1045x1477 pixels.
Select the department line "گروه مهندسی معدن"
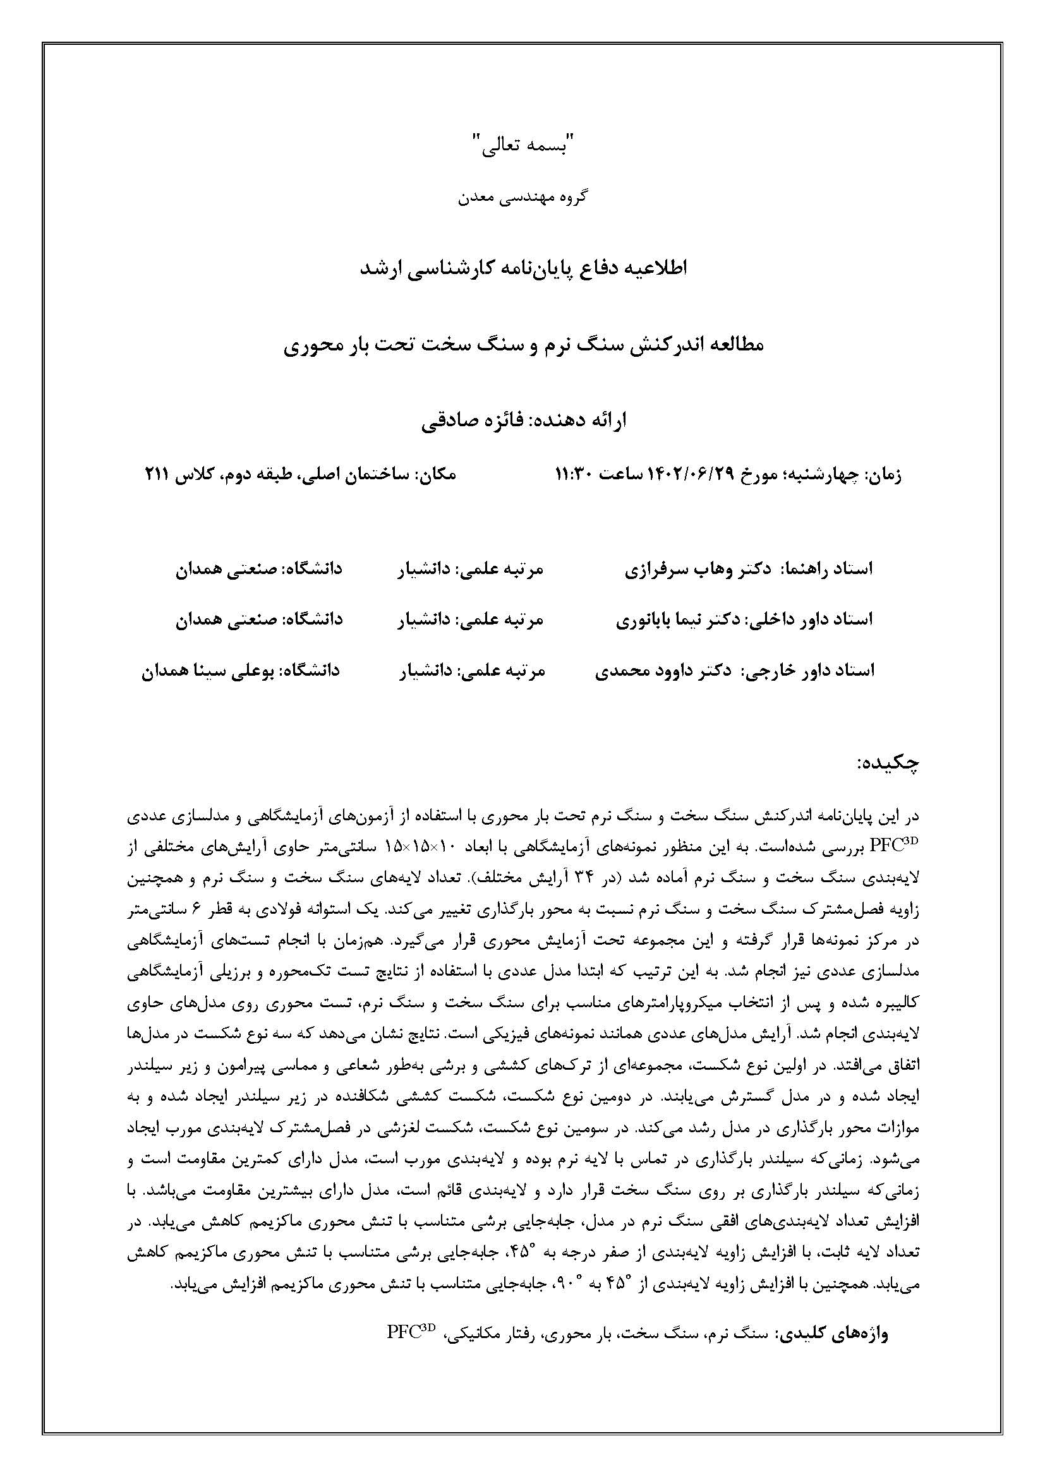pyautogui.click(x=522, y=198)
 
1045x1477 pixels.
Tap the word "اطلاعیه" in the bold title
pyautogui.click(x=655, y=268)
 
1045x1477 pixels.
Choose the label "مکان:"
pyautogui.click(x=437, y=475)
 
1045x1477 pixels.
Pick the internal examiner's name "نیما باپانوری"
pyautogui.click(x=663, y=620)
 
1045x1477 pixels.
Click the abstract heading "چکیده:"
pyautogui.click(x=888, y=764)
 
